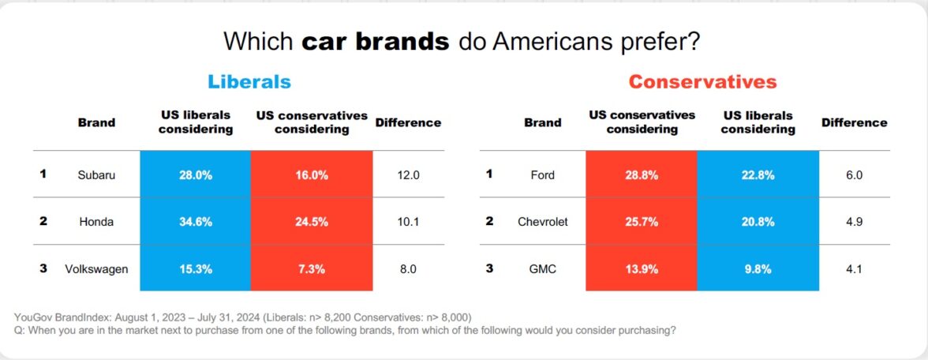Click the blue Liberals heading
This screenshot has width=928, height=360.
(249, 82)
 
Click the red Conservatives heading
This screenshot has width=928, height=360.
(702, 82)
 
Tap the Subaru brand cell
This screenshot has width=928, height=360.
(96, 175)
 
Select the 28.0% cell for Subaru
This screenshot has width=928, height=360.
(195, 175)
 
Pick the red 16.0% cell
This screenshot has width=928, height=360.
(311, 175)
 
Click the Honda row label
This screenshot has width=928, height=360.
(96, 222)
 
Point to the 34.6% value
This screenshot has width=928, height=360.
(195, 222)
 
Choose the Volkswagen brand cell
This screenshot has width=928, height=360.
(96, 268)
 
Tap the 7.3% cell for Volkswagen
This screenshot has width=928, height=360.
(311, 268)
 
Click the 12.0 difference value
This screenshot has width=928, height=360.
(407, 175)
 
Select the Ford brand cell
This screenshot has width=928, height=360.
(542, 175)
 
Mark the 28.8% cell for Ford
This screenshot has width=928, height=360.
(641, 175)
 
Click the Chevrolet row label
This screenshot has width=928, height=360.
(542, 222)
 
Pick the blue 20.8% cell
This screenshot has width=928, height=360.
(758, 222)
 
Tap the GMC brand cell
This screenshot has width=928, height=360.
(542, 268)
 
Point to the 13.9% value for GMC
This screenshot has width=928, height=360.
(641, 268)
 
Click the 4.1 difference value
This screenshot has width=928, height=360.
(853, 268)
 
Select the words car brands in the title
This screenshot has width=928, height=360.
(376, 41)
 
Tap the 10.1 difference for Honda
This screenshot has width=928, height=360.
(407, 222)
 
